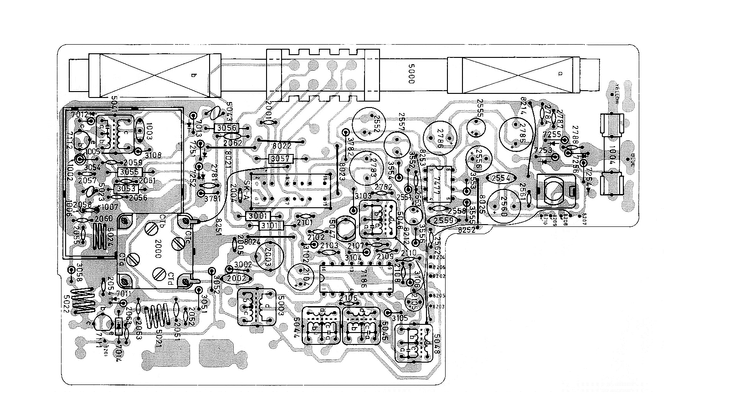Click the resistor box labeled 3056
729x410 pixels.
click(x=226, y=128)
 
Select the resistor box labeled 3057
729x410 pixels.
click(x=281, y=159)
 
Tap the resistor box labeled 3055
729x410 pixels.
click(x=130, y=172)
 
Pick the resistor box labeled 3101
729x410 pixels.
click(x=271, y=225)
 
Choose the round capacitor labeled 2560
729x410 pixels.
click(x=503, y=205)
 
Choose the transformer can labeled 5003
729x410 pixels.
click(x=257, y=308)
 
